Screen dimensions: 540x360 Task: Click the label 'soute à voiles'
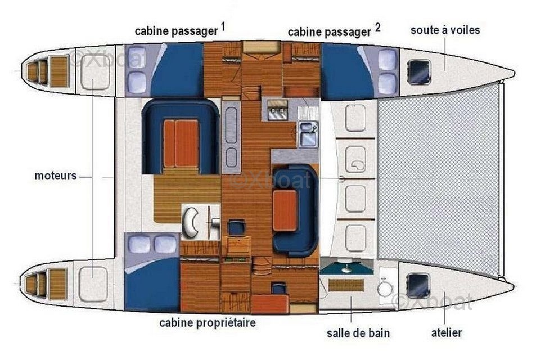pyautogui.click(x=445, y=30)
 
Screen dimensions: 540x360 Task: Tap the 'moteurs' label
pyautogui.click(x=56, y=175)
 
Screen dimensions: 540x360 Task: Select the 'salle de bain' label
pyautogui.click(x=358, y=333)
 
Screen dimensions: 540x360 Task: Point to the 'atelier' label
pyautogui.click(x=446, y=333)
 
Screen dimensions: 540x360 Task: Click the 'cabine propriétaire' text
pyautogui.click(x=208, y=323)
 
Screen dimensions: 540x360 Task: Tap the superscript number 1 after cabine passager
pyautogui.click(x=223, y=26)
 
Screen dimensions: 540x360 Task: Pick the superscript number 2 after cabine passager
pyautogui.click(x=378, y=27)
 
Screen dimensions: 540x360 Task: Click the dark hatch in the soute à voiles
pyautogui.click(x=418, y=72)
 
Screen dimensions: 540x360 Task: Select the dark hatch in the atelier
pyautogui.click(x=418, y=286)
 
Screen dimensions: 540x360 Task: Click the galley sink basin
pyautogui.click(x=308, y=134)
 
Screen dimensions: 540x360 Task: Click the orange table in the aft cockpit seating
pyautogui.click(x=181, y=143)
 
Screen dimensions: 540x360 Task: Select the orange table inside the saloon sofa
pyautogui.click(x=285, y=210)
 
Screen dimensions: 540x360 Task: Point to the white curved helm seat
pyautogui.click(x=190, y=223)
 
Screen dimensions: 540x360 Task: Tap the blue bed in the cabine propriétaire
pyautogui.click(x=152, y=285)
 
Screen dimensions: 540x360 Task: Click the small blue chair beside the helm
pyautogui.click(x=236, y=228)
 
